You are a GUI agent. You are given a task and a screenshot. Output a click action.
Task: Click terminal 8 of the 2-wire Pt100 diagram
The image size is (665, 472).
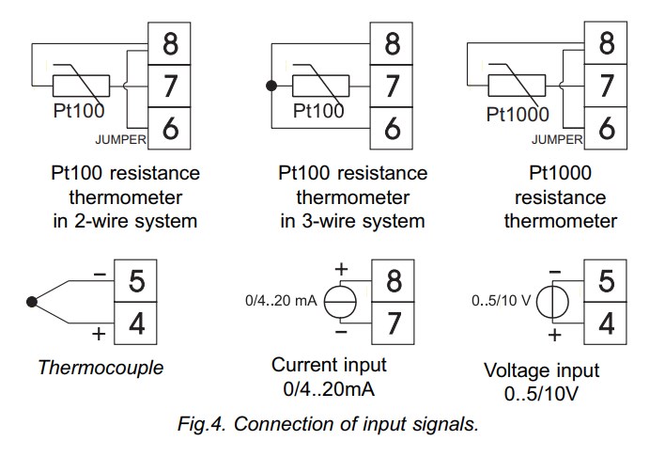171,43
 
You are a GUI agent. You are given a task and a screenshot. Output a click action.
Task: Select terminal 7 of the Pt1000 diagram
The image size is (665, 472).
608,87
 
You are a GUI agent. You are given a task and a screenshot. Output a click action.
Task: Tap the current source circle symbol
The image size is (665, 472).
342,303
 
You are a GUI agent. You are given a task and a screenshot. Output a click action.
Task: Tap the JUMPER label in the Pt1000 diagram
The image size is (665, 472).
557,140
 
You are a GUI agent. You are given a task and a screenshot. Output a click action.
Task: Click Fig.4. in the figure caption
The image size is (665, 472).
204,423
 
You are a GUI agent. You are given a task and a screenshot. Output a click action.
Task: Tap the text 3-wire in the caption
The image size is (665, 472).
334,222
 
